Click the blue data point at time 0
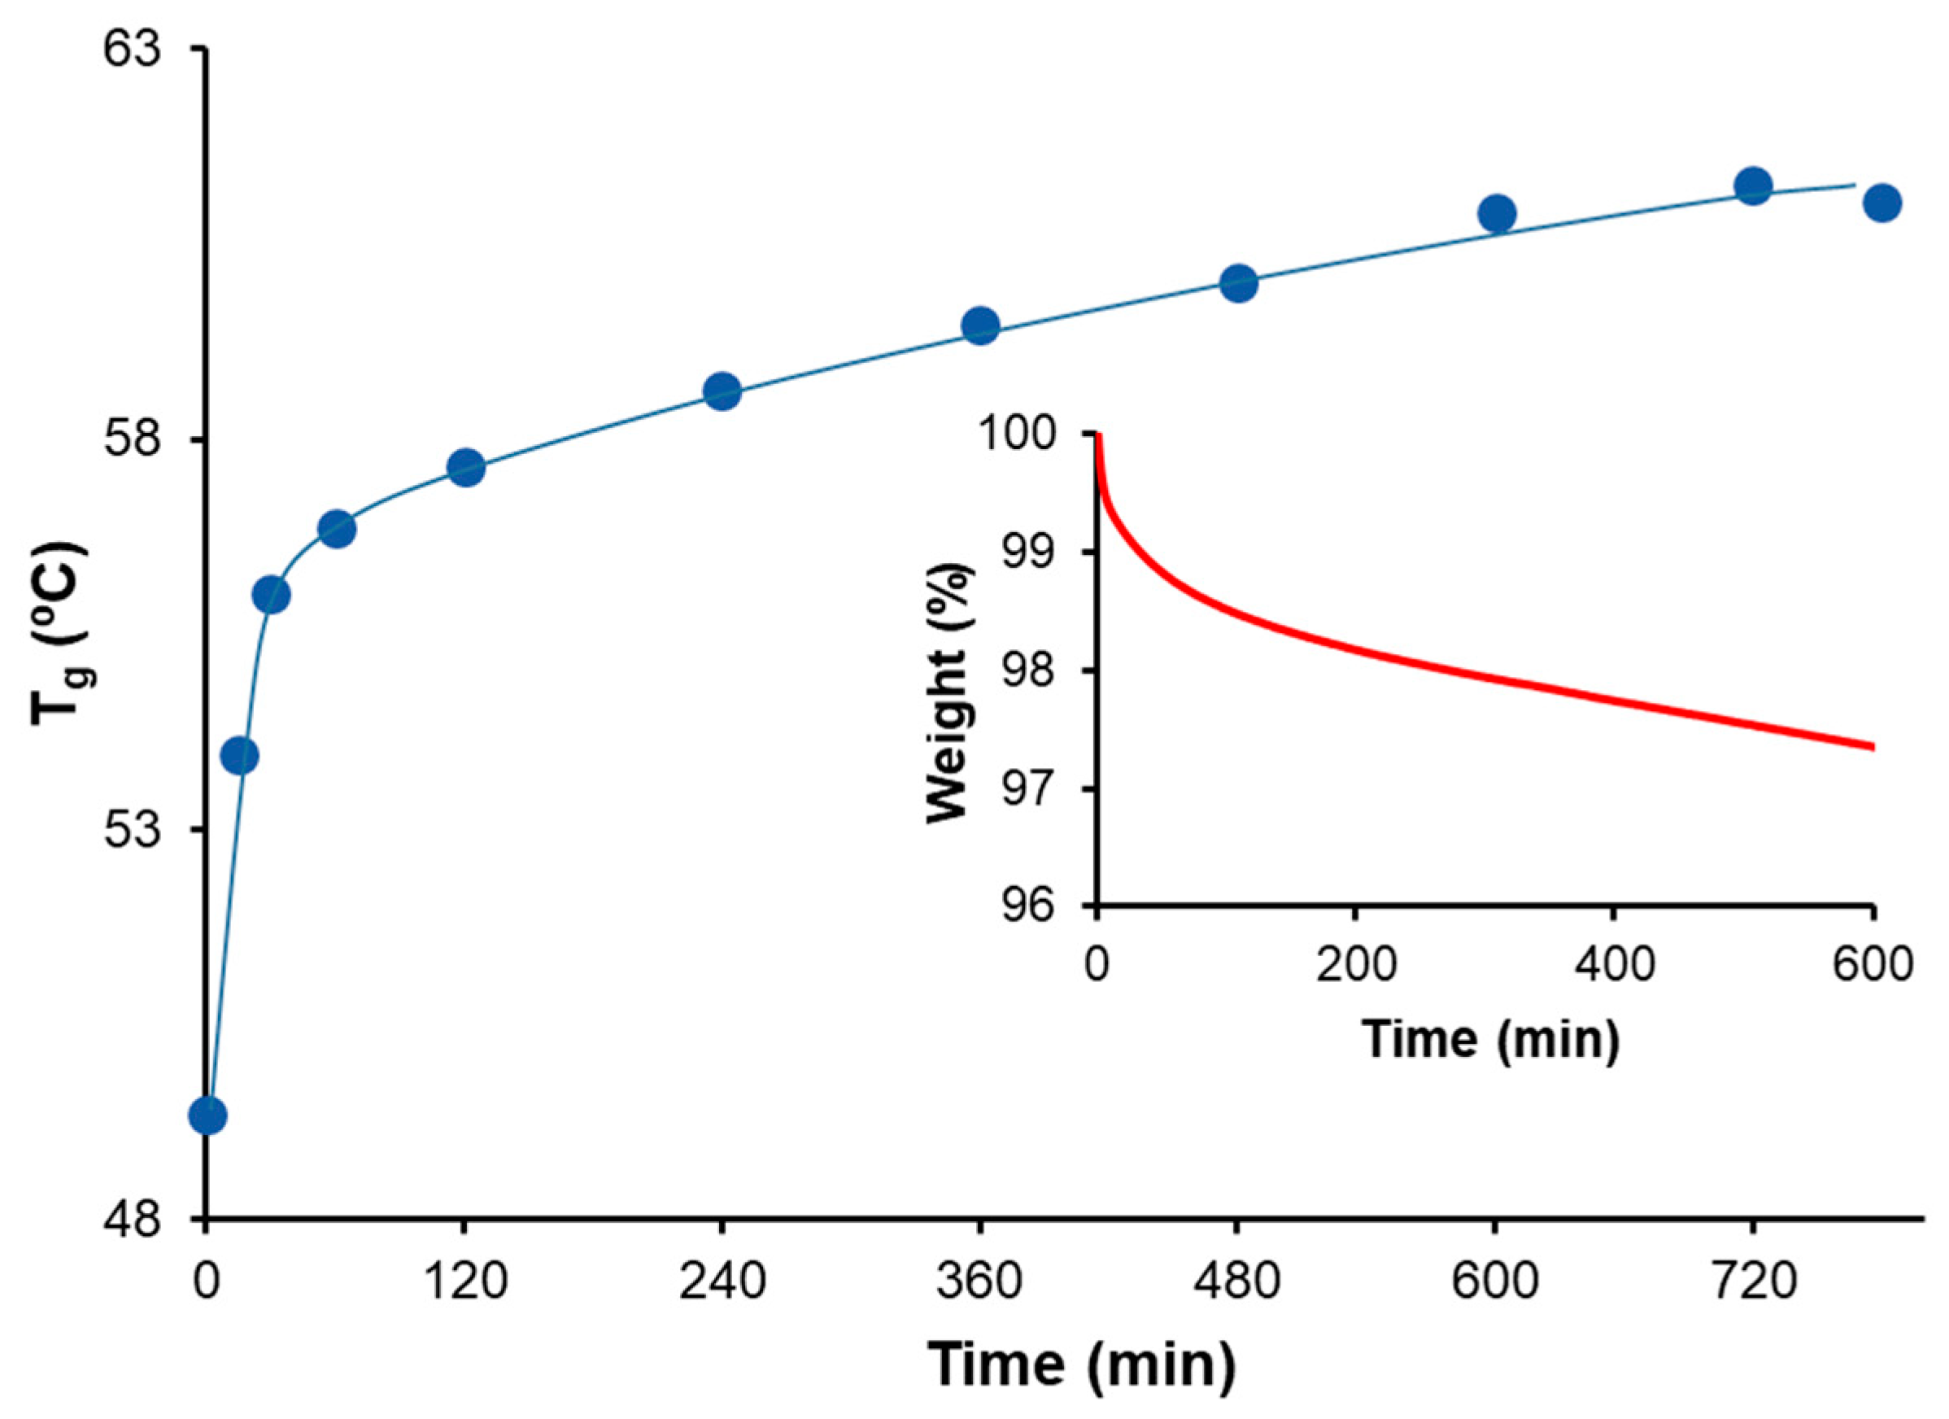click(208, 1116)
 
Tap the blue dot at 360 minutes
click(980, 325)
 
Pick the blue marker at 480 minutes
click(1238, 283)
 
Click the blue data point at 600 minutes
click(1497, 213)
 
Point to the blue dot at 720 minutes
click(1753, 186)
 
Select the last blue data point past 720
click(1882, 203)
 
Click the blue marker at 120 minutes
click(466, 468)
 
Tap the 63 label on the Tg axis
click(132, 50)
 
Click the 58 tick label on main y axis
click(132, 441)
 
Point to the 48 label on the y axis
click(132, 1218)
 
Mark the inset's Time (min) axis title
click(1490, 1038)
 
